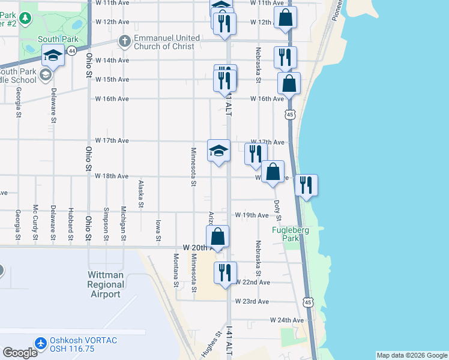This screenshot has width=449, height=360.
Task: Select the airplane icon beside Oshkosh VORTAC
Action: (41, 344)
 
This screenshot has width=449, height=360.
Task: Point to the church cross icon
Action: (124, 41)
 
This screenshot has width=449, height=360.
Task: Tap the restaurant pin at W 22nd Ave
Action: (225, 273)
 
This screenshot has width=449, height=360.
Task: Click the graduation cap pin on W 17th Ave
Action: (218, 151)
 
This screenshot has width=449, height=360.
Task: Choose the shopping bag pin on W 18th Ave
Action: (273, 172)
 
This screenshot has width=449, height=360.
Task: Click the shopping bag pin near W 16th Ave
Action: (289, 83)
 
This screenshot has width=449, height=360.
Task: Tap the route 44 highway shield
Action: (72, 52)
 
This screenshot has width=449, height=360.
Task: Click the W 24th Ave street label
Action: (287, 320)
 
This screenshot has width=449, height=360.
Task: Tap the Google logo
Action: (20, 352)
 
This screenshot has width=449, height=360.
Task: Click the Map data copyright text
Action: (411, 355)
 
